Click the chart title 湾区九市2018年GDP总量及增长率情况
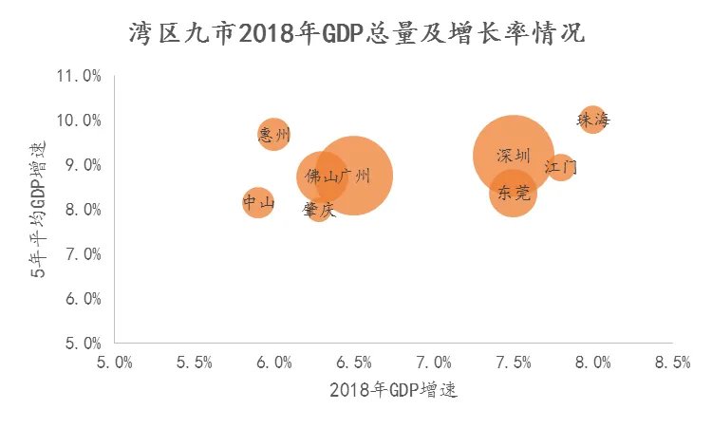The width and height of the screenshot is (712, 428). tap(357, 34)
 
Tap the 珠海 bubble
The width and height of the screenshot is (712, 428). tap(593, 120)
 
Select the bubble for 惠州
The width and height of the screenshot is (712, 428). tap(273, 134)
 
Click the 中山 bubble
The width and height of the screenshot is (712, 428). tap(257, 201)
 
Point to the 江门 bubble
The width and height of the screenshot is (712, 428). tap(561, 168)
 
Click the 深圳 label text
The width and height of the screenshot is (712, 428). tap(514, 156)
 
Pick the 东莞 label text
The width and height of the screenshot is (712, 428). tap(513, 193)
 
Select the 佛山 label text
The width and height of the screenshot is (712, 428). tap(322, 177)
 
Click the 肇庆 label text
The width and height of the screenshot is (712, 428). tap(319, 210)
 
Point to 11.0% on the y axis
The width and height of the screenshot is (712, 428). tap(81, 76)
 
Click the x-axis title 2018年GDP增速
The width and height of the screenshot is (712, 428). tap(394, 391)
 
